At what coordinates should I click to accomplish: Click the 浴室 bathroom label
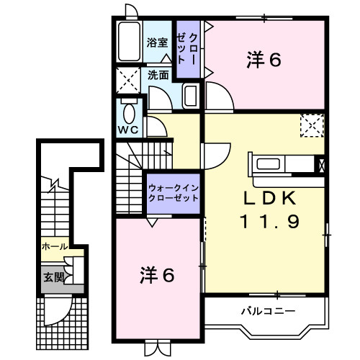158,42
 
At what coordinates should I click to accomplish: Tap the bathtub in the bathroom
130,43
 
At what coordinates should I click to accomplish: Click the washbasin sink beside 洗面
191,95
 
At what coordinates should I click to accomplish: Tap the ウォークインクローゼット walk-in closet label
173,192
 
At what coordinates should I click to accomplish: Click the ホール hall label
55,246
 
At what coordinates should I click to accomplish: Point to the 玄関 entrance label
53,276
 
